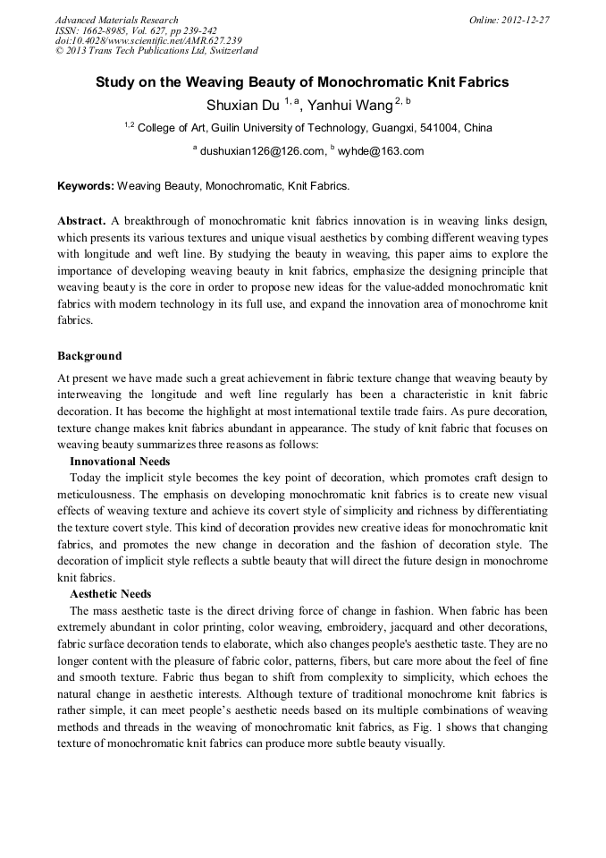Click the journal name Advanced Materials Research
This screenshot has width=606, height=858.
[116, 20]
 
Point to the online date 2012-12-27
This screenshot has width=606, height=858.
[526, 20]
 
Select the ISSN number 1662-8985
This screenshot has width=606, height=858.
[117, 30]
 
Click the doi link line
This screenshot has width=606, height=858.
[148, 40]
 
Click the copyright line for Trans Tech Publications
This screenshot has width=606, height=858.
[156, 51]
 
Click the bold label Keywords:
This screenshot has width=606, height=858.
[86, 186]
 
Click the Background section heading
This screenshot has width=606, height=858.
[89, 356]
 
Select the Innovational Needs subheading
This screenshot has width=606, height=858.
[120, 461]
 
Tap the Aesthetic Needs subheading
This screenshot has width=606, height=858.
[111, 594]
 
